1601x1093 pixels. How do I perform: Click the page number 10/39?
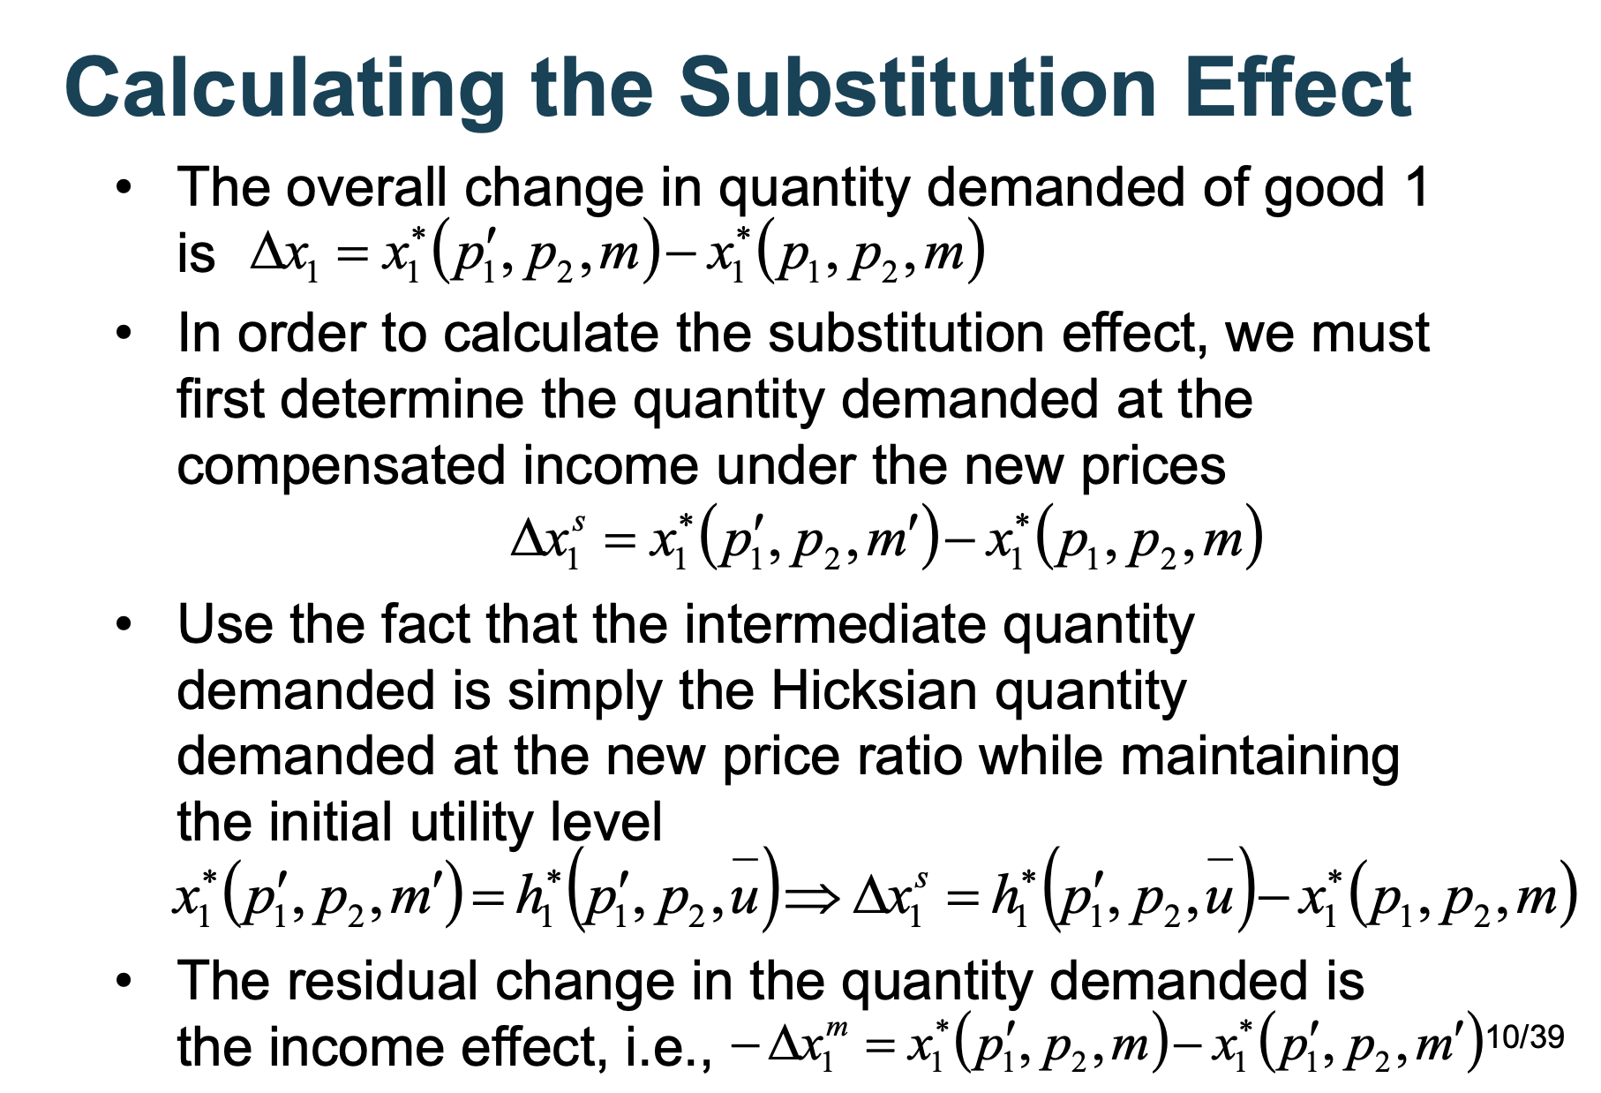pyautogui.click(x=1525, y=1036)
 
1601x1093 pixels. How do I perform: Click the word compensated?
pyautogui.click(x=342, y=466)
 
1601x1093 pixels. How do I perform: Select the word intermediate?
pyautogui.click(x=836, y=624)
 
